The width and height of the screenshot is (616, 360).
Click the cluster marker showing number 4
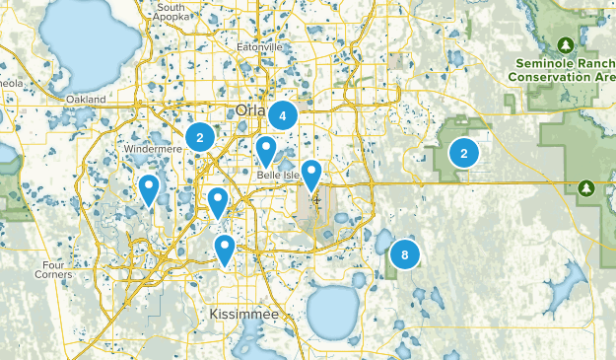[x=283, y=115]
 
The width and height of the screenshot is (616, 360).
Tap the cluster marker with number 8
[x=404, y=254]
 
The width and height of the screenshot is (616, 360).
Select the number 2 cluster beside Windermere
[x=200, y=137]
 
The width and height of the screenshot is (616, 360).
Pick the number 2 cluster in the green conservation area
[x=463, y=153]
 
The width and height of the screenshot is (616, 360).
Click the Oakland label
[x=87, y=100]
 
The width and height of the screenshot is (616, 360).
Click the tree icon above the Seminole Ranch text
[x=566, y=45]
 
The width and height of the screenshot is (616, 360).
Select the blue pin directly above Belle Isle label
[x=266, y=151]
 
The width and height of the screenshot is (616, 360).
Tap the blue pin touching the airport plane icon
[x=311, y=174]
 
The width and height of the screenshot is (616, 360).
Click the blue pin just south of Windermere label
[x=149, y=187]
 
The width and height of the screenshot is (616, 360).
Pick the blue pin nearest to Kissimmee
[x=226, y=249]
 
